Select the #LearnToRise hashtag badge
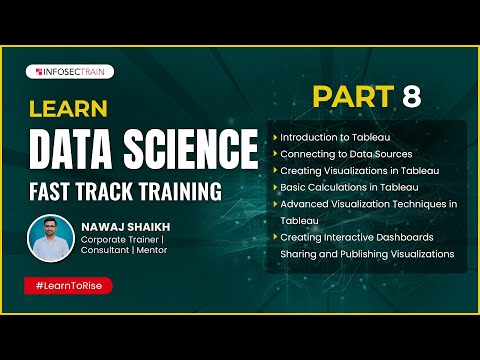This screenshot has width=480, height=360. (x=68, y=285)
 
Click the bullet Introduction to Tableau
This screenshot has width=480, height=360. (x=334, y=136)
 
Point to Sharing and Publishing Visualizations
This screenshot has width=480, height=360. (x=367, y=254)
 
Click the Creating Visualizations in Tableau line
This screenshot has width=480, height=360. (x=360, y=170)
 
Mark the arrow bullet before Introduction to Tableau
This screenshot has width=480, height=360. (x=275, y=136)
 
